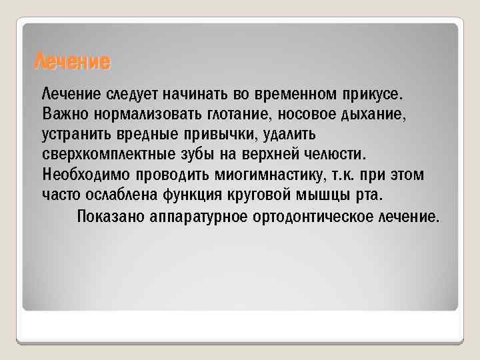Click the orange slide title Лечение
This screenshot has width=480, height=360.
click(x=72, y=63)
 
